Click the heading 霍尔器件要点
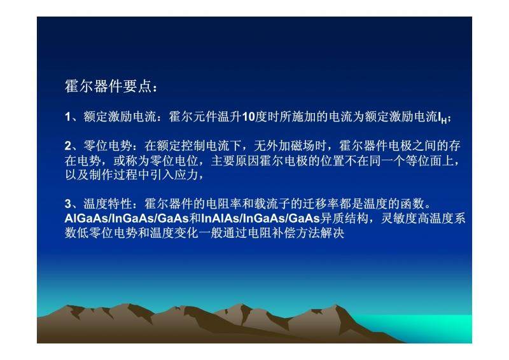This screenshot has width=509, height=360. click(108, 87)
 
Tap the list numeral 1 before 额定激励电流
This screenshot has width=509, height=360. click(67, 117)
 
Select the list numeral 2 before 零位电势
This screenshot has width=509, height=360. click(68, 146)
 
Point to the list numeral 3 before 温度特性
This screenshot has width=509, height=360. click(68, 204)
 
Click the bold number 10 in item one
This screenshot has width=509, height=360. click(248, 117)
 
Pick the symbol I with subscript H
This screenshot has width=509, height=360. click(442, 118)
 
